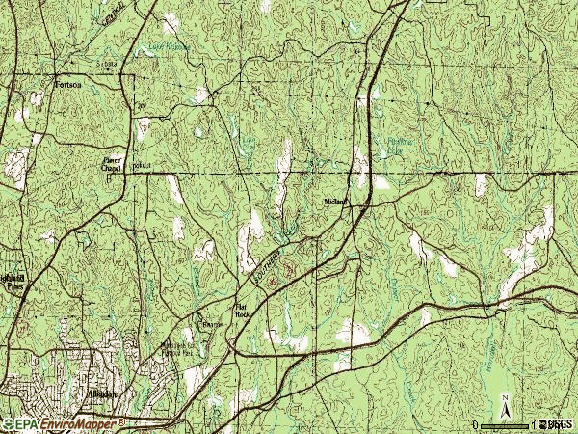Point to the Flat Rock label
coord(242,311)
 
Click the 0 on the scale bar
coord(476,424)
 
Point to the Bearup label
coord(211,326)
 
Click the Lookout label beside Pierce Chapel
coord(142,166)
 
